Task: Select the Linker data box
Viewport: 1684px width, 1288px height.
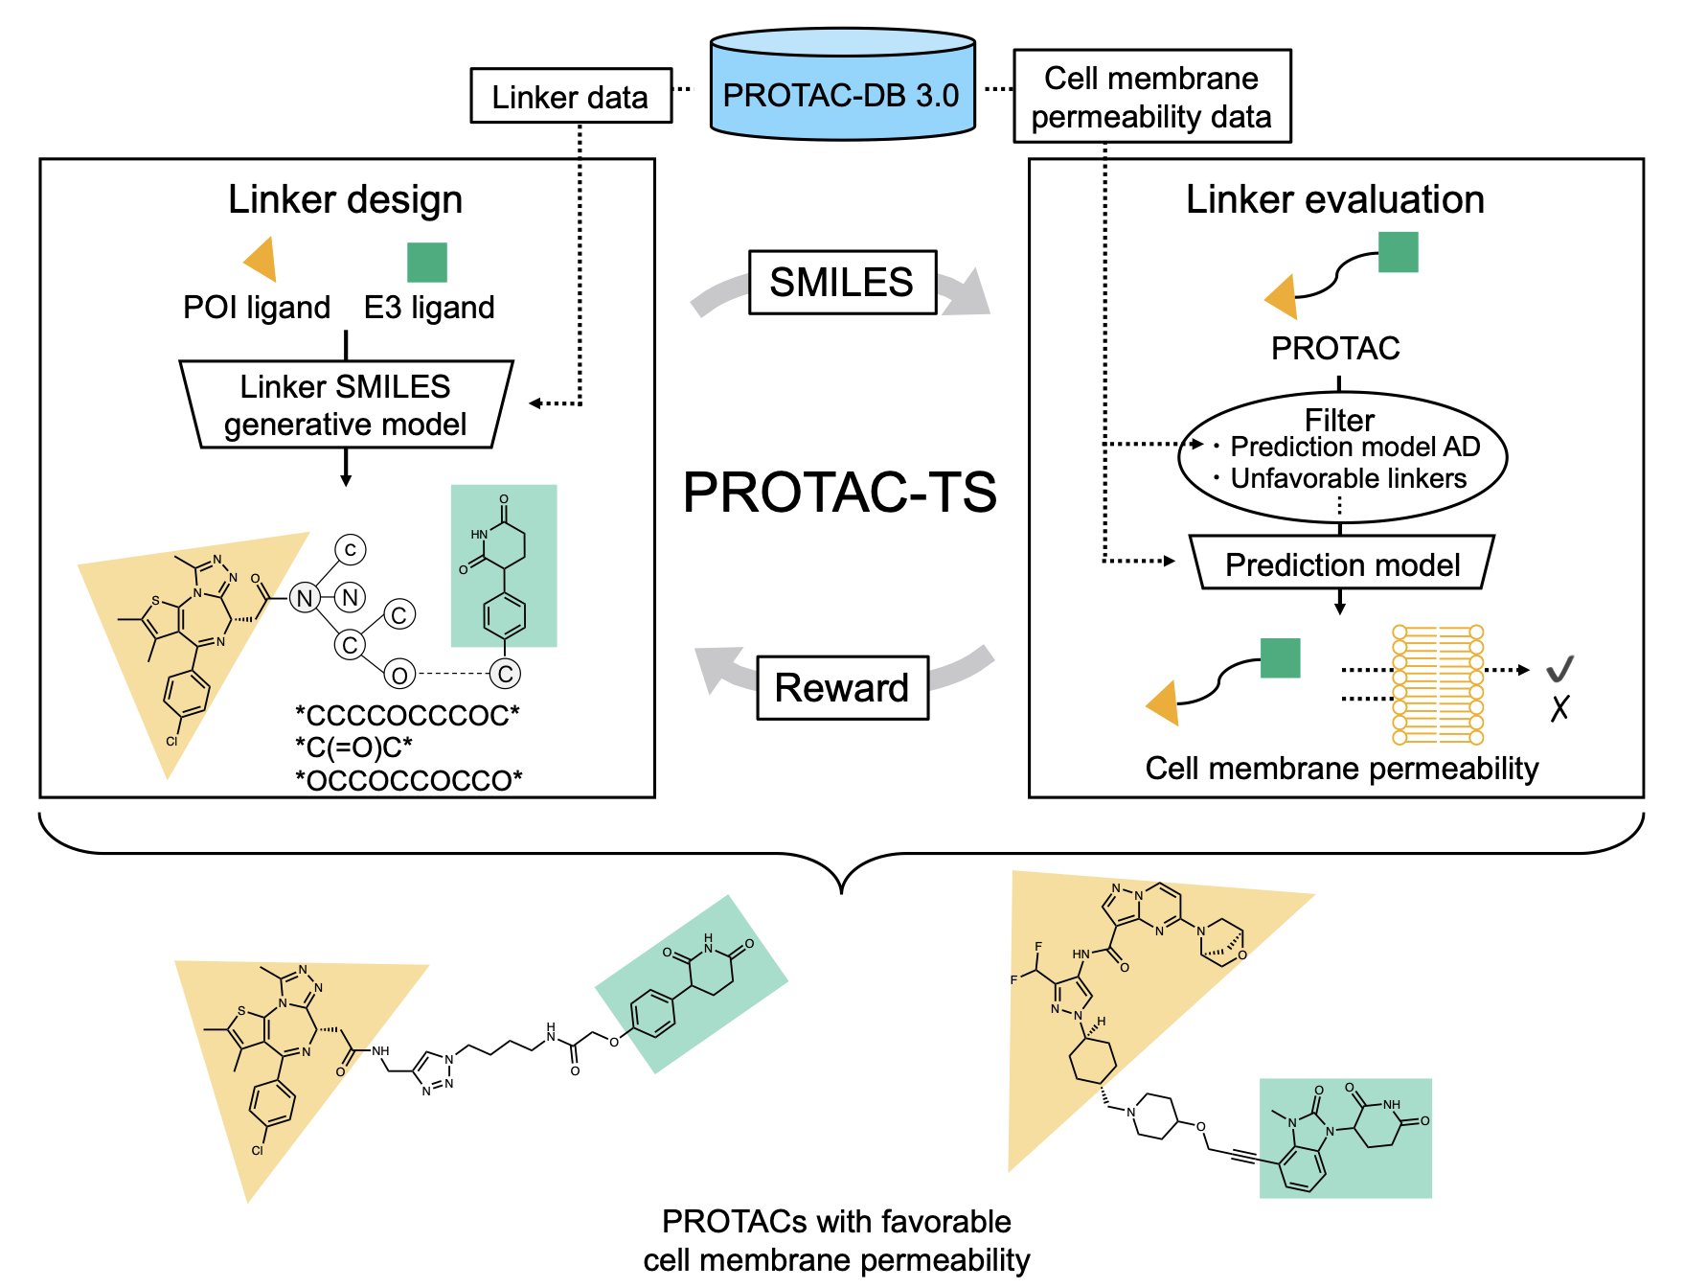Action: (x=570, y=96)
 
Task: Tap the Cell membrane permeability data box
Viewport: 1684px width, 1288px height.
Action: (x=1151, y=97)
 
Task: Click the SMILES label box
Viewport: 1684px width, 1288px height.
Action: (x=841, y=282)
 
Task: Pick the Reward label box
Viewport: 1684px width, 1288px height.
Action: (x=842, y=687)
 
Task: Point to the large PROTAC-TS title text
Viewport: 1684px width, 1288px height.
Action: (x=840, y=492)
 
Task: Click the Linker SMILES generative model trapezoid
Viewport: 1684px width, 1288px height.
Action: (x=346, y=404)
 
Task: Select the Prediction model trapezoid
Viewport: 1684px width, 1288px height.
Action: (x=1341, y=563)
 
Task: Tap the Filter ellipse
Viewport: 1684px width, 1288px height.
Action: (x=1341, y=457)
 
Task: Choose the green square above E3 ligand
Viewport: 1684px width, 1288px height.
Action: (x=427, y=262)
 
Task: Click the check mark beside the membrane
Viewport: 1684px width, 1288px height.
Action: (x=1559, y=668)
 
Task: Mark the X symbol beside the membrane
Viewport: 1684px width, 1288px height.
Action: (x=1559, y=708)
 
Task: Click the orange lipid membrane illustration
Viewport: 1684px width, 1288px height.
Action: (x=1437, y=684)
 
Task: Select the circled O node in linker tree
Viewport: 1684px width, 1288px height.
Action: (x=399, y=675)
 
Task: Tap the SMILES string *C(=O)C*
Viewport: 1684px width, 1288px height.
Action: (x=354, y=747)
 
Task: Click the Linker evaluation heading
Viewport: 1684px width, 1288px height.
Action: (x=1335, y=199)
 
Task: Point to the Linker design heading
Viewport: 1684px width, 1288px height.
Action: (x=345, y=199)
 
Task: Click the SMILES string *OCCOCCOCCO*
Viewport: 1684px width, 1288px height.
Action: (x=409, y=780)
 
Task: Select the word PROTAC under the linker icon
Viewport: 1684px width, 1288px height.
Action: (x=1335, y=348)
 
